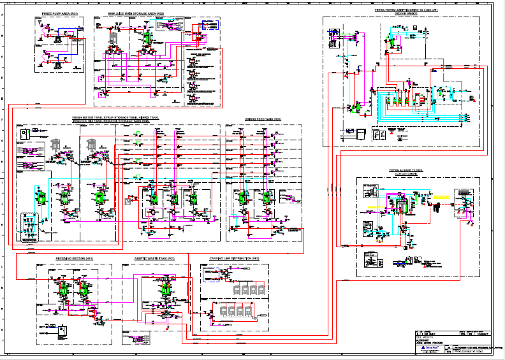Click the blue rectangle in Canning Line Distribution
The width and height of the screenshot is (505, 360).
click(211, 275)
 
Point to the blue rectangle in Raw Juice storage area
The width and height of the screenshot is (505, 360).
click(209, 25)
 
